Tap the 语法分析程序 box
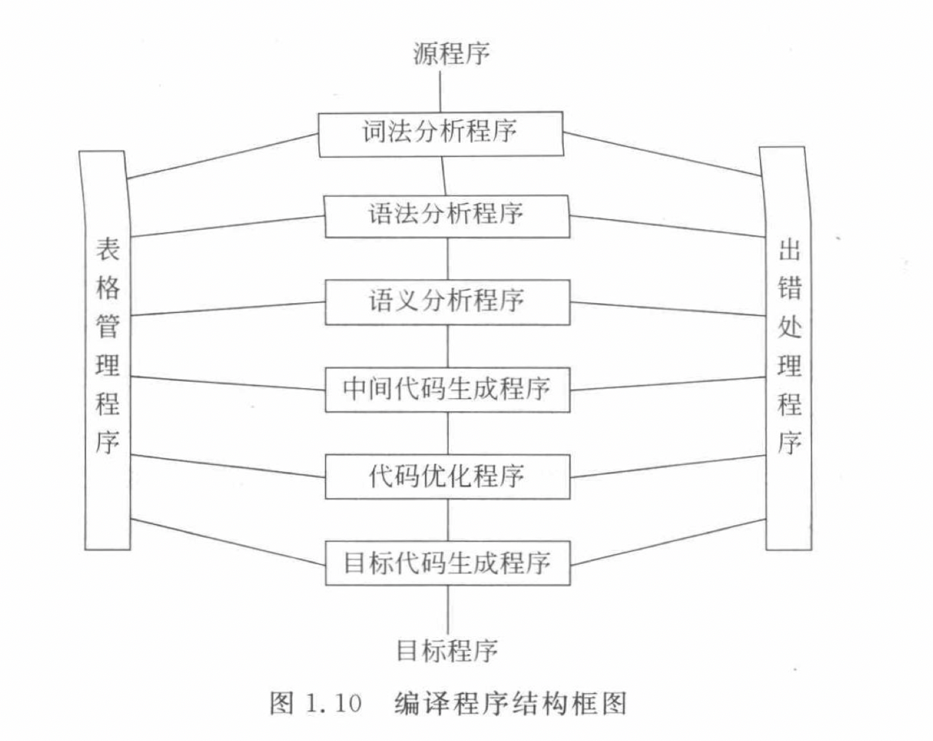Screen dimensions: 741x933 click(x=446, y=215)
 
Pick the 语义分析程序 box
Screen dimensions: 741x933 click(x=446, y=301)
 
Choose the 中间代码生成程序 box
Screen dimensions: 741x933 click(x=447, y=389)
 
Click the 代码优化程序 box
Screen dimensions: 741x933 click(x=447, y=476)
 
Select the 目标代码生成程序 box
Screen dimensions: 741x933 click(x=447, y=562)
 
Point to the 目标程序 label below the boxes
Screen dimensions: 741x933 click(x=447, y=650)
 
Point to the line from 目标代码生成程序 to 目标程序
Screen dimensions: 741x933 click(x=447, y=605)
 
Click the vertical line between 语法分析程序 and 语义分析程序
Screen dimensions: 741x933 click(x=447, y=258)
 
